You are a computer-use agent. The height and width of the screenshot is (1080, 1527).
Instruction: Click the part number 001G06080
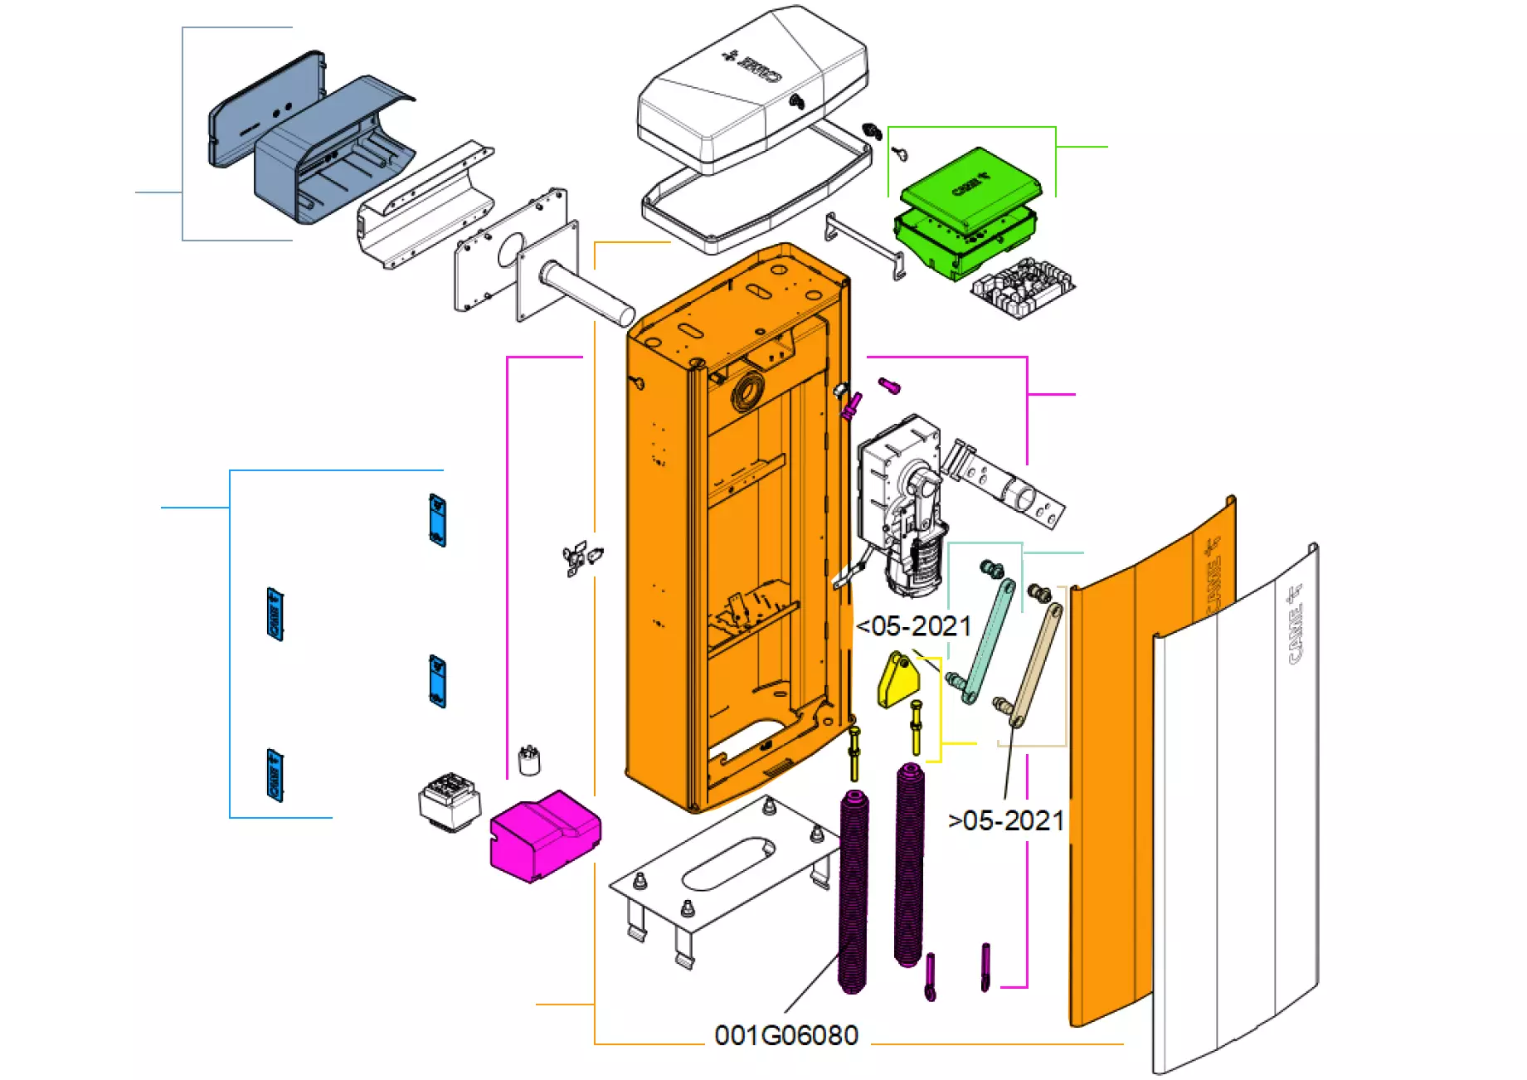point(785,1035)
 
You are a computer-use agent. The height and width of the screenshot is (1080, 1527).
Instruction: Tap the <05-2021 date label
point(913,626)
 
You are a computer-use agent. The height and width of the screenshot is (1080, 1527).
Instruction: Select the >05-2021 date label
point(1006,820)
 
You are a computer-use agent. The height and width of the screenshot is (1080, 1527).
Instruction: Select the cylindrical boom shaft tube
point(585,294)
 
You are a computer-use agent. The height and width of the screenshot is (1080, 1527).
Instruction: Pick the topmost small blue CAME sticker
point(437,520)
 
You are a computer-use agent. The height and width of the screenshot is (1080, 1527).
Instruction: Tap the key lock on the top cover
point(797,102)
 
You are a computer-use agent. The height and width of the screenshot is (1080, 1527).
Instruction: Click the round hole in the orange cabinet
point(748,389)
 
